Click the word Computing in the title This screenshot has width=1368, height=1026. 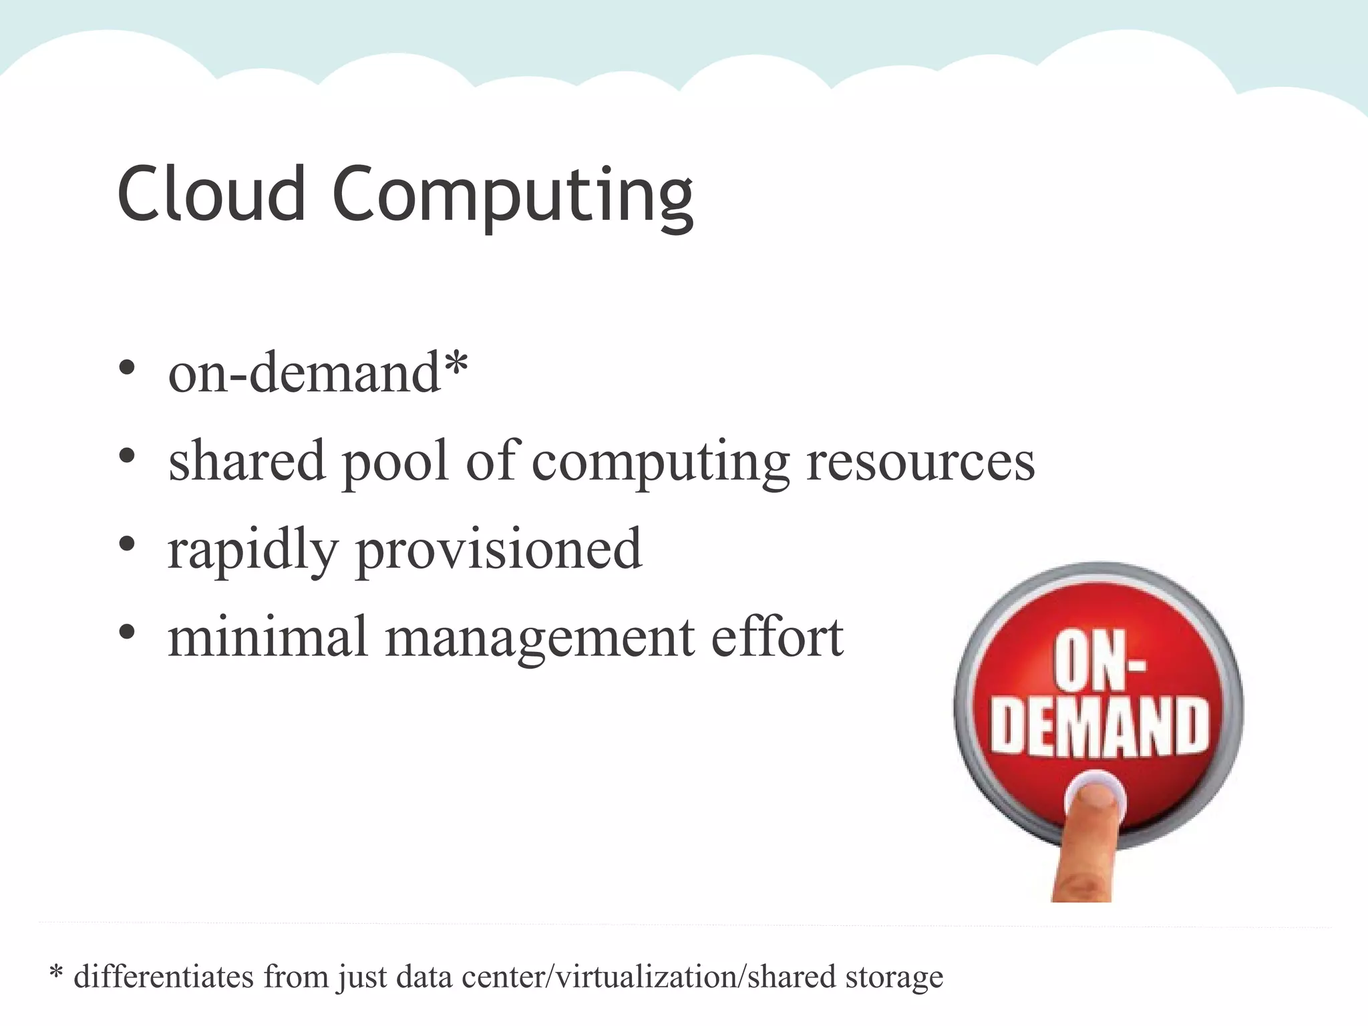[513, 197]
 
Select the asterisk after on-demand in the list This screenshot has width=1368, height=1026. [456, 365]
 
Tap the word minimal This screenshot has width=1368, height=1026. [267, 636]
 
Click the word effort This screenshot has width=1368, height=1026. [777, 636]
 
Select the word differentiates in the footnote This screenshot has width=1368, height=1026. [164, 977]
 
